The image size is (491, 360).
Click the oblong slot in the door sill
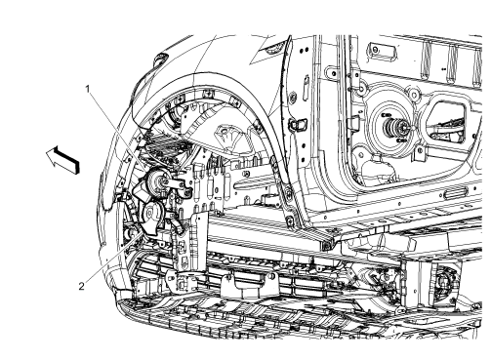pos(455,195)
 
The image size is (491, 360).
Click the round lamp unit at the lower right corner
pos(445,284)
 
